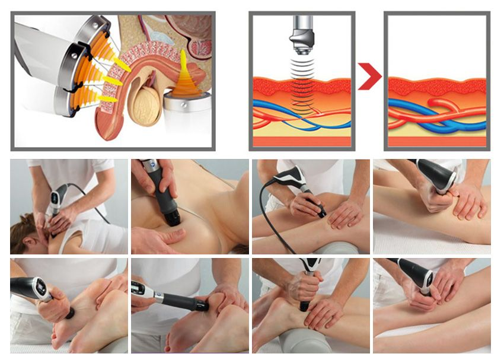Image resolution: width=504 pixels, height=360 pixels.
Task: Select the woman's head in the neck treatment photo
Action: [27, 234]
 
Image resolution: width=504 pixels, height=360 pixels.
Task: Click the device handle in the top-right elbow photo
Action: [436, 174]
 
